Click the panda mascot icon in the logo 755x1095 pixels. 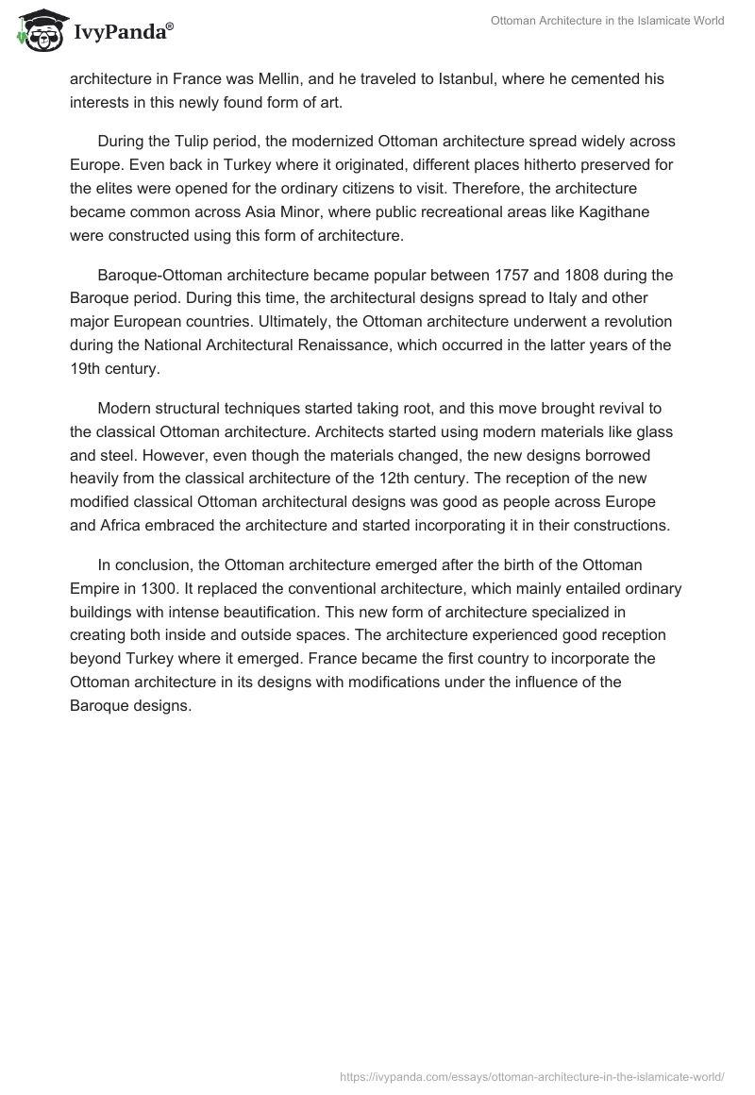click(x=37, y=32)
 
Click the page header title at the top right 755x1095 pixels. click(x=607, y=21)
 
